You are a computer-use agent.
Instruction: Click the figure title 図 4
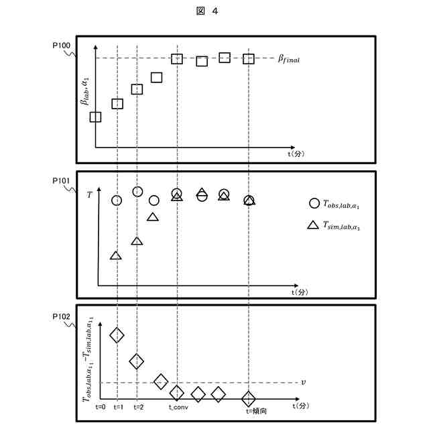tap(214, 11)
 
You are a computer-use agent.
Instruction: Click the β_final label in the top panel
tap(289, 59)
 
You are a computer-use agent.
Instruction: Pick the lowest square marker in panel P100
tap(95, 117)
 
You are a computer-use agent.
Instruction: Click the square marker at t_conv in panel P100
tap(177, 59)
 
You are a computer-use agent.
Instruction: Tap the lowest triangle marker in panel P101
tap(116, 255)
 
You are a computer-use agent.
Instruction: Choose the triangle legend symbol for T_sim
tap(313, 225)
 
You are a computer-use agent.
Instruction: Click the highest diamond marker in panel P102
tap(117, 334)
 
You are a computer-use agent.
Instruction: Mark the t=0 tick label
tap(101, 407)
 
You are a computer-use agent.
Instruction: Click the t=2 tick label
tap(137, 407)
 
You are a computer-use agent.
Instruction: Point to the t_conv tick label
tap(178, 407)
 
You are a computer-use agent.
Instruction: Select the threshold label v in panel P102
tap(303, 382)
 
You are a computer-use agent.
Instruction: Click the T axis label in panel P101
tap(90, 194)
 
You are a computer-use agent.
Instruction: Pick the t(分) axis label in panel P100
tap(296, 154)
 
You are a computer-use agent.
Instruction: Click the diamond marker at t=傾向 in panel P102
tap(249, 397)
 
